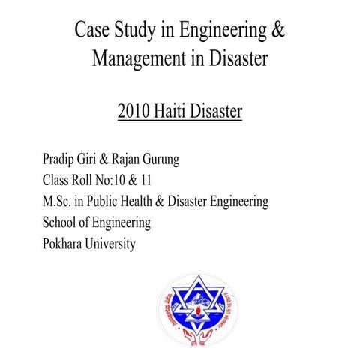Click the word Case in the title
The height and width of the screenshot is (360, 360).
click(95, 31)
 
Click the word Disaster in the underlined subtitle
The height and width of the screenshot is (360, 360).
click(218, 112)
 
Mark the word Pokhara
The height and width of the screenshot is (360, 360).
click(65, 244)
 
